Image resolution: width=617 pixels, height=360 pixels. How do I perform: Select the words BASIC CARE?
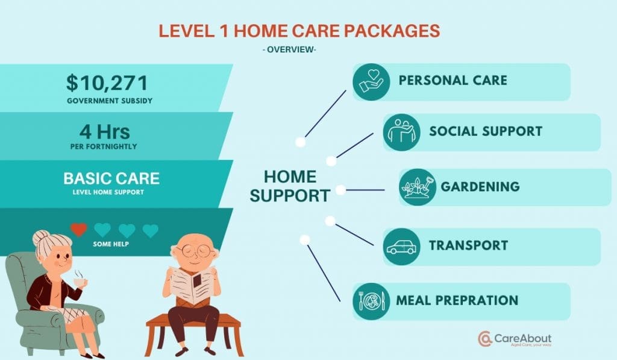tap(111, 178)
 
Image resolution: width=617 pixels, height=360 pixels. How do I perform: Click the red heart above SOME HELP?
tap(79, 230)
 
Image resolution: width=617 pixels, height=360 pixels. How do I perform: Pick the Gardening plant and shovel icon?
tap(418, 187)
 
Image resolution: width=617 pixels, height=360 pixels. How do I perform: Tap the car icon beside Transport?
tap(402, 247)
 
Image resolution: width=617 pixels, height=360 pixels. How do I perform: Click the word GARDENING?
tap(480, 186)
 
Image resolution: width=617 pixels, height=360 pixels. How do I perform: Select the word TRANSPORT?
tap(468, 246)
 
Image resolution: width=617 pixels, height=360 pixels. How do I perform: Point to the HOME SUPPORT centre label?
tap(290, 186)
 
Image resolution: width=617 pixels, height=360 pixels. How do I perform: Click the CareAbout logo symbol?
tap(485, 339)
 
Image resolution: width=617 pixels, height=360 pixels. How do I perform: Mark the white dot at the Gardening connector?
tap(340, 190)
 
